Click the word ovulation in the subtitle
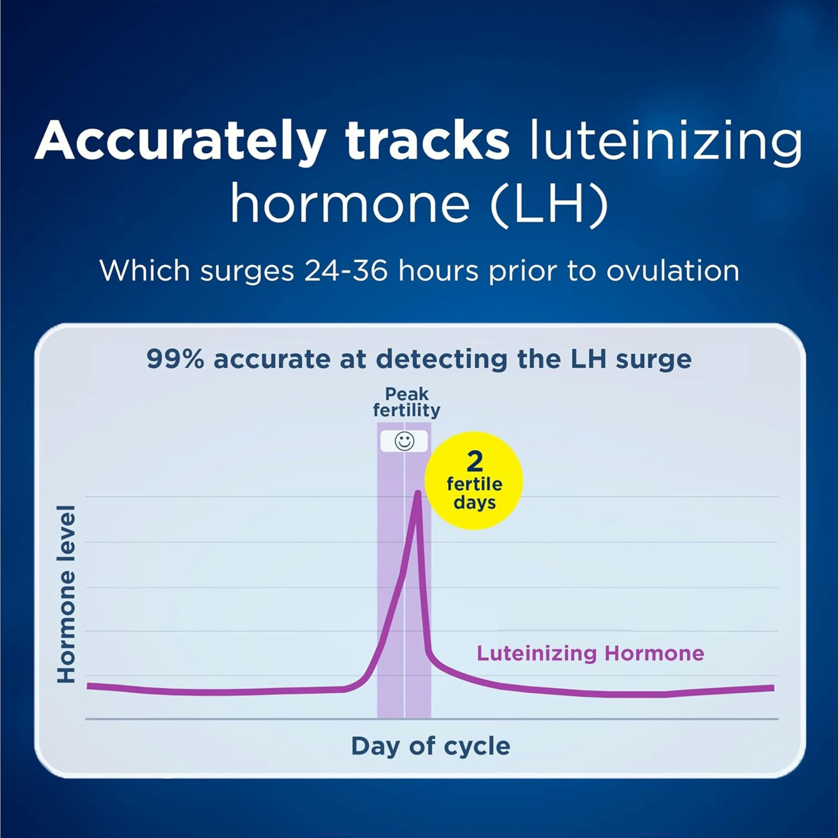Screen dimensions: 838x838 (672, 271)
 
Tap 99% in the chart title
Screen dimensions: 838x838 (175, 359)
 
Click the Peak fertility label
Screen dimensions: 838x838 (406, 402)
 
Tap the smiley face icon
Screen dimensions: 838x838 (404, 442)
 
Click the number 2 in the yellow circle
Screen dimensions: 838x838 (475, 463)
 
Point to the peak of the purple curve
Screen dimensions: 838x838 (417, 493)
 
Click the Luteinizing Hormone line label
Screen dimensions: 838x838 (590, 653)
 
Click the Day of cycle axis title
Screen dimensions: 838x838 (430, 746)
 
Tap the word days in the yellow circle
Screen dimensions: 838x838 (475, 503)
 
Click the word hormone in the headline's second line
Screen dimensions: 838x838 (350, 202)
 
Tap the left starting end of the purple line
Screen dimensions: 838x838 (89, 686)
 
